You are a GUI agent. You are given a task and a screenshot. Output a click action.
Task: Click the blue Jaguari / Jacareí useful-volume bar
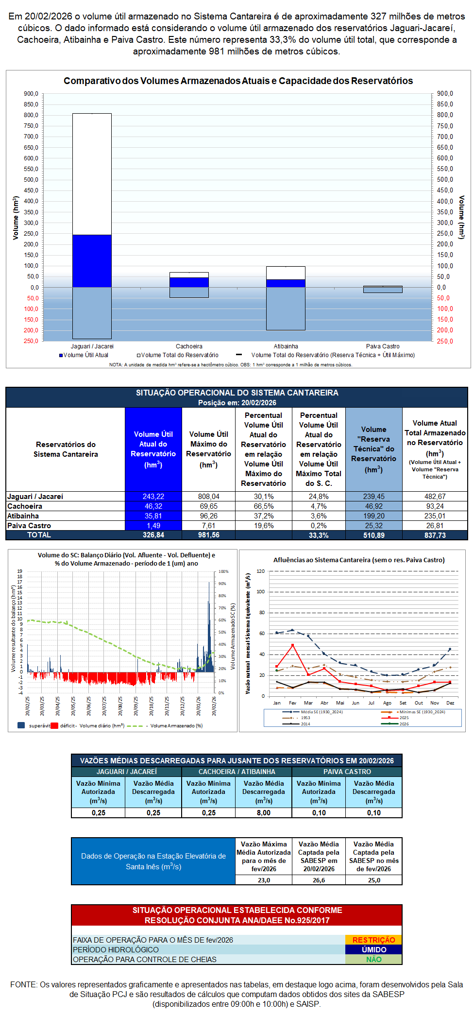point(92,261)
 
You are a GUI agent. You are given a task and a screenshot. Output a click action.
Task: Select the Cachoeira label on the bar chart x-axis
point(189,346)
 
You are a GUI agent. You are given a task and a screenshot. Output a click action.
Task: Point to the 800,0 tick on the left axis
point(31,115)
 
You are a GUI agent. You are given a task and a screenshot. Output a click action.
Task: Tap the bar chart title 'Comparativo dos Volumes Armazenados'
point(238,81)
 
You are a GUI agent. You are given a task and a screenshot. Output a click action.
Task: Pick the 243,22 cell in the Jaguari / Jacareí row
point(153,497)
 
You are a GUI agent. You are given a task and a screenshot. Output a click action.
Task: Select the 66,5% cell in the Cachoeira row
point(264,506)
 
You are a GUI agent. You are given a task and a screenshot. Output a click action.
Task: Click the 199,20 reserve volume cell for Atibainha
point(374,516)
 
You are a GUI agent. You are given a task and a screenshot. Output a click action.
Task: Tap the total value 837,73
point(435,535)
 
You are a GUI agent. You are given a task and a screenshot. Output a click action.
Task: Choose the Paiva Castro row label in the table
point(29,526)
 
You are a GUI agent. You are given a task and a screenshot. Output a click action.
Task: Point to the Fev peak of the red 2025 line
point(292,645)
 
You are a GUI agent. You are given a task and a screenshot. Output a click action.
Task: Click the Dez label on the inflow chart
point(450,703)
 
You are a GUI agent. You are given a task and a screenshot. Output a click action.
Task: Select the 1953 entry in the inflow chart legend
point(305,718)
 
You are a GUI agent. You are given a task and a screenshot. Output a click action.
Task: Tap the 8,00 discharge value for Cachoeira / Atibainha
point(264,812)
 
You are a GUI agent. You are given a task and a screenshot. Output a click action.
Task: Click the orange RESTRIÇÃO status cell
point(373,940)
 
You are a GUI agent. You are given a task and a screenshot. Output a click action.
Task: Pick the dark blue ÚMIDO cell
point(373,949)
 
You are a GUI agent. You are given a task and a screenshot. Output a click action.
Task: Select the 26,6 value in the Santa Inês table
point(319,880)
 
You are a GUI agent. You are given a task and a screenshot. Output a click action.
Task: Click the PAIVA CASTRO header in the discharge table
point(347,772)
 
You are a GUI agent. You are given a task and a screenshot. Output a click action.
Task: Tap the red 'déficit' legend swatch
point(54,725)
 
